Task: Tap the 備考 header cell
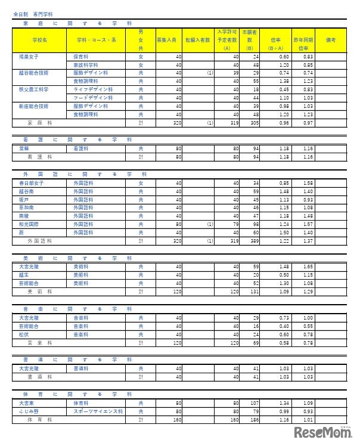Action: (x=331, y=39)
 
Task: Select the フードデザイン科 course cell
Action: (x=89, y=97)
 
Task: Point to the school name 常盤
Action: (x=24, y=148)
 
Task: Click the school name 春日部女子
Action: (x=31, y=183)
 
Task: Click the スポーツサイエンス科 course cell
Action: (x=98, y=411)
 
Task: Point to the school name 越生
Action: (x=24, y=275)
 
